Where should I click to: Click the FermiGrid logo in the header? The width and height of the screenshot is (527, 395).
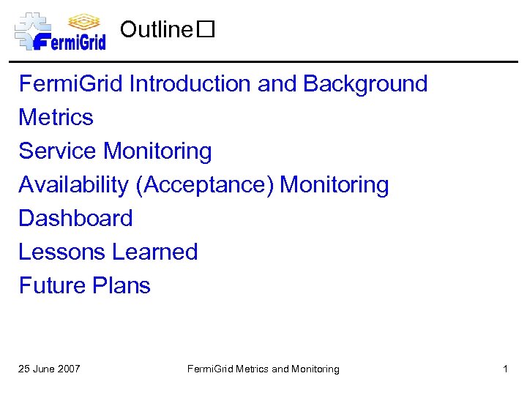pos(61,31)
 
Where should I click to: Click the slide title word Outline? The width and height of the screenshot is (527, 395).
pos(155,30)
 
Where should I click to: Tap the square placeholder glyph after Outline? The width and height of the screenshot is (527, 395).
pos(205,30)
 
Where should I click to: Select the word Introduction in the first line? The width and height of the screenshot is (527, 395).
pos(190,84)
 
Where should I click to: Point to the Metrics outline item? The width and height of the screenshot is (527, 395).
pos(56,118)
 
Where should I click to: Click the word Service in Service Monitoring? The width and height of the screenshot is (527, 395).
pos(58,151)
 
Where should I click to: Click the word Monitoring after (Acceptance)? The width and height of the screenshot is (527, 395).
pos(334,185)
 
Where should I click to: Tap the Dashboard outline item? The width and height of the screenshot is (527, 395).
pos(75,219)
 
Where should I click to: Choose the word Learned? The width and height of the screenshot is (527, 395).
pos(155,252)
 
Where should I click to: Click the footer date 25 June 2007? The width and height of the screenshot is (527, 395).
pos(49,369)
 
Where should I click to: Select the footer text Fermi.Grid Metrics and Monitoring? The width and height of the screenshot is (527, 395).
pos(263,369)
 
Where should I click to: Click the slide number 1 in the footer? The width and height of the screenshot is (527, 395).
pos(505,369)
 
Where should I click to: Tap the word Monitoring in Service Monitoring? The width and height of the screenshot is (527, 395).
pos(157,151)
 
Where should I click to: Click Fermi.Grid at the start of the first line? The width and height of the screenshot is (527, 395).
pos(71,84)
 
